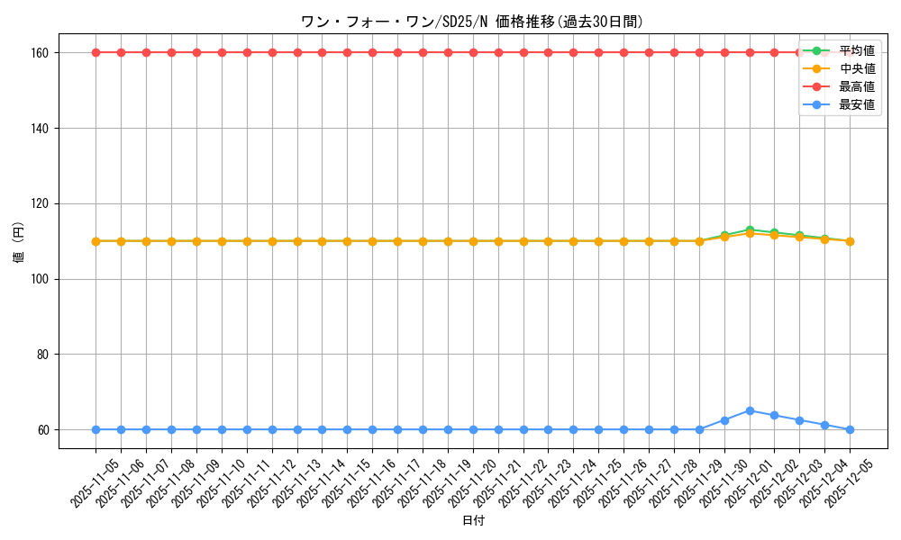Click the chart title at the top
[472, 22]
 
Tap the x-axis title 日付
[472, 521]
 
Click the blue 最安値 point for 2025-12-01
[750, 410]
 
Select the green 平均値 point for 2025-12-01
[750, 229]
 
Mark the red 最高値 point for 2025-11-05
[96, 52]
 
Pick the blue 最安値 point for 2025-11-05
[96, 429]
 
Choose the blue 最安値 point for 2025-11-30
[724, 420]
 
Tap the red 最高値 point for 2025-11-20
[473, 52]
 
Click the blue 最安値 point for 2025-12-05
[850, 429]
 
